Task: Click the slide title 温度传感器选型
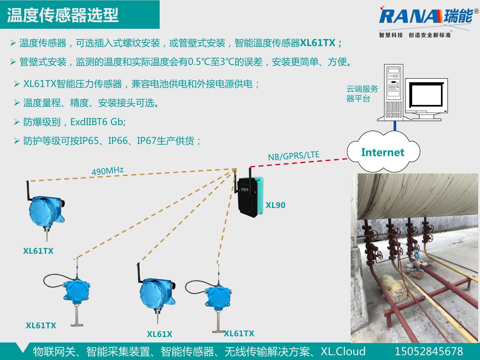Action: (x=63, y=15)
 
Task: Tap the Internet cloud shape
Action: (x=383, y=152)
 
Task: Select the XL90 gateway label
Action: (x=275, y=205)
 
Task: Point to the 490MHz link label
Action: (x=108, y=171)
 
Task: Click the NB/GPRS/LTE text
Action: (x=293, y=156)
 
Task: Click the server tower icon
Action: (x=394, y=92)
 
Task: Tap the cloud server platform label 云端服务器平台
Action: (x=362, y=93)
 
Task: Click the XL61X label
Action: (x=159, y=334)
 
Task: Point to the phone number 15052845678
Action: (x=428, y=351)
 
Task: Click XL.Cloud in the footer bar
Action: (x=343, y=351)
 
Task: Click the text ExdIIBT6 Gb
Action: (x=98, y=122)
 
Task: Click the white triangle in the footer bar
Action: (x=23, y=348)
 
